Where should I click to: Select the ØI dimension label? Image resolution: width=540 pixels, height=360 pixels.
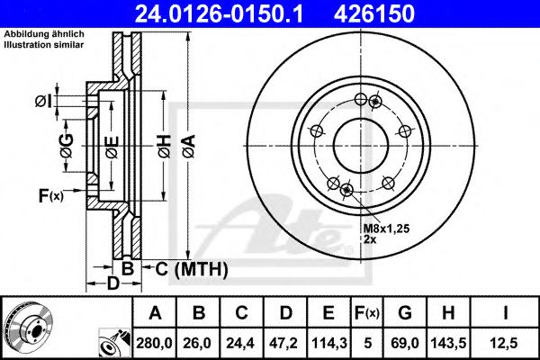click(42, 100)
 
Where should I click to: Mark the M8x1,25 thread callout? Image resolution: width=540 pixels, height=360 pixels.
click(387, 230)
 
